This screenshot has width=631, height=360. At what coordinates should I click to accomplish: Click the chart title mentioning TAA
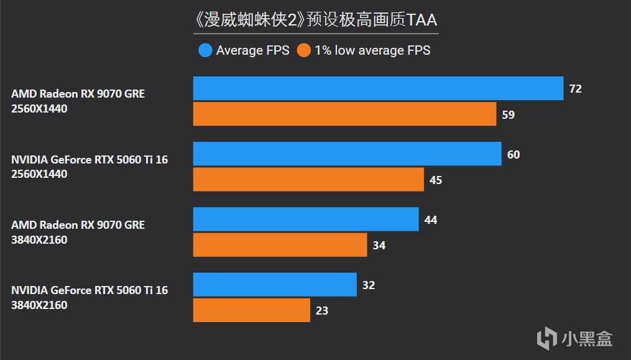click(316, 20)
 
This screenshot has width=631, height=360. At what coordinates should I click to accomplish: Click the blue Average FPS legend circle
click(205, 50)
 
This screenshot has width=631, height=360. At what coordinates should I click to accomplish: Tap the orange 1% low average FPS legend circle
click(303, 50)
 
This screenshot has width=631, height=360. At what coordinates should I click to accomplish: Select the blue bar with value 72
click(378, 88)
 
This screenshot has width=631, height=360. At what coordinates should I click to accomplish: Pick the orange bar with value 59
click(344, 114)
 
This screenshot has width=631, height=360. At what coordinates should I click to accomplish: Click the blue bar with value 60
click(347, 154)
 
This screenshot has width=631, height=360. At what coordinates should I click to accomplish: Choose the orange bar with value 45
click(308, 179)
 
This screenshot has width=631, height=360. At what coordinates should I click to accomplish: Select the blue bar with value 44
click(306, 219)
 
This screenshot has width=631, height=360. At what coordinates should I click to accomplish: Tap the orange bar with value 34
click(280, 244)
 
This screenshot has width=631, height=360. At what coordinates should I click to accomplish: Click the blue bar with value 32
click(275, 284)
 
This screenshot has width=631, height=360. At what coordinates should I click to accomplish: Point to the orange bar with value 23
click(251, 310)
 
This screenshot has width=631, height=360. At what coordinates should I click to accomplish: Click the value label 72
click(575, 89)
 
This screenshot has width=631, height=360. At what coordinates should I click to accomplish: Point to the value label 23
click(321, 310)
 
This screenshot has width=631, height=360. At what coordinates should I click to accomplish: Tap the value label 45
click(435, 180)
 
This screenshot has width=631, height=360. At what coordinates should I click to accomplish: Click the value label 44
click(430, 219)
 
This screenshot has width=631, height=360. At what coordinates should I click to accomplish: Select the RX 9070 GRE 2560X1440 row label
click(78, 101)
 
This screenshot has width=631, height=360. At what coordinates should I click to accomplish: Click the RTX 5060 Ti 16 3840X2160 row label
click(90, 297)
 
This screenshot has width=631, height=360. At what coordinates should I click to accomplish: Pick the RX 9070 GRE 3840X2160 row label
click(78, 232)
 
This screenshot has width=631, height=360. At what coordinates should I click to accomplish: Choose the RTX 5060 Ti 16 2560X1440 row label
click(90, 167)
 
